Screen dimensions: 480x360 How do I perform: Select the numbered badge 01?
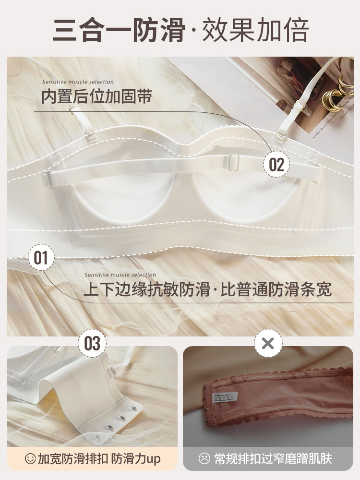[41, 258]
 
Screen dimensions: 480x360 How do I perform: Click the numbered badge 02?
[276, 164]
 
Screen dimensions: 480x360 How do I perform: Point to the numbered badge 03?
[92, 343]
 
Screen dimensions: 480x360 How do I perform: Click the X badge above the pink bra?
[268, 343]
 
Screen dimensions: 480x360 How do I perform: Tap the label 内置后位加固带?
[96, 96]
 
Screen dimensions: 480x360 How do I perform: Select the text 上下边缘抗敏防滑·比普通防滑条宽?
[207, 289]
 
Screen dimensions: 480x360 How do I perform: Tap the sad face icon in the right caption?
[205, 459]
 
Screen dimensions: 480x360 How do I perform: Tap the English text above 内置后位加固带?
[78, 82]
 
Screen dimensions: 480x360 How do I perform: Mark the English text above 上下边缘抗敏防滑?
[120, 275]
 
